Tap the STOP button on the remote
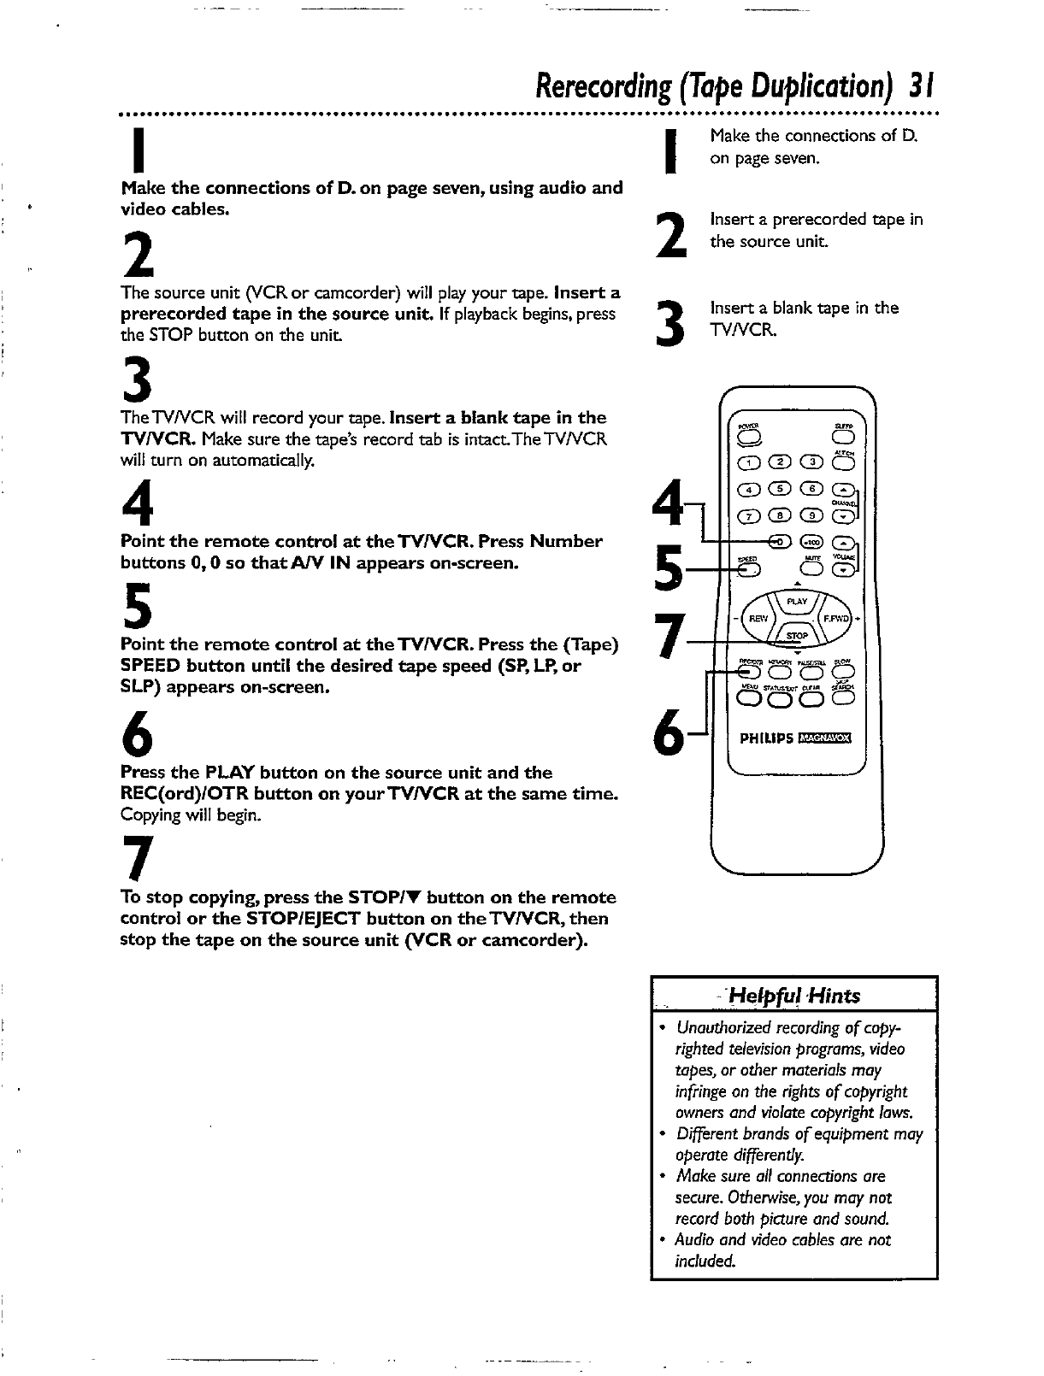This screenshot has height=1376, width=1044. click(x=796, y=636)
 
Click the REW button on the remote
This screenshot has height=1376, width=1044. click(x=758, y=618)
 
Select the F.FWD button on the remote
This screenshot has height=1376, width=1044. click(x=835, y=618)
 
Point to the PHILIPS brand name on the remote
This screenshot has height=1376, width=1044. click(x=766, y=739)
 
